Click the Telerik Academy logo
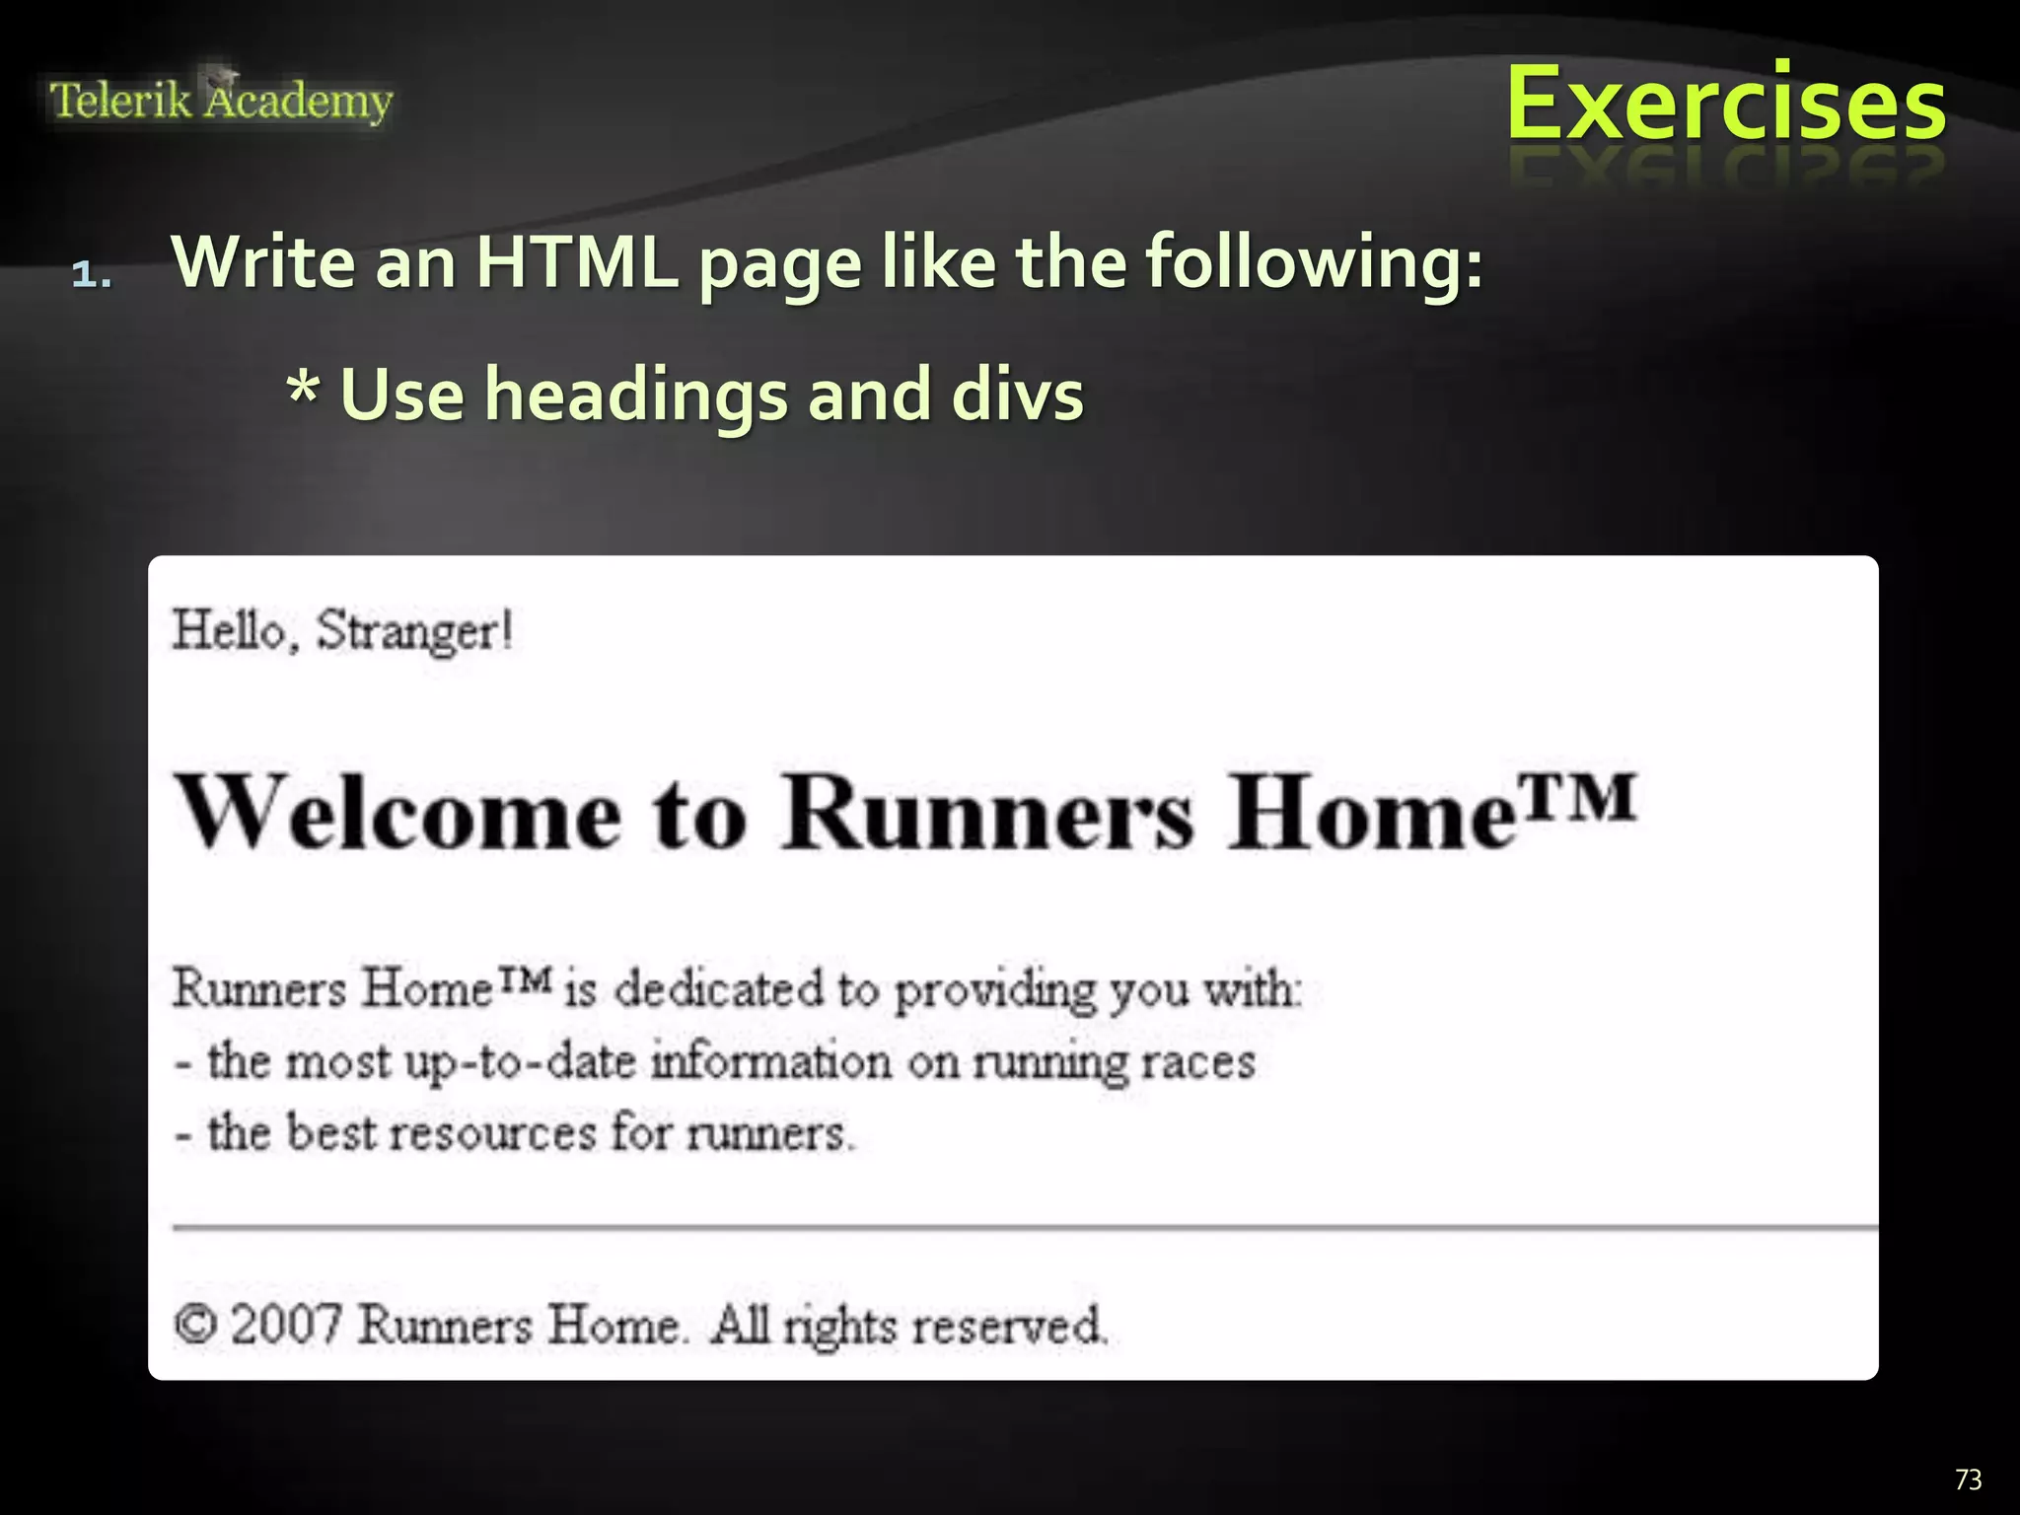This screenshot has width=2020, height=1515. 221,101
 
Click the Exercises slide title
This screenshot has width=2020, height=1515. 1725,104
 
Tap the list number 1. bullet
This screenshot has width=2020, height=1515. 92,273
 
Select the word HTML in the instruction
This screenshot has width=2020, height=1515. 576,262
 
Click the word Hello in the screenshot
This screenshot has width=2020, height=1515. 229,630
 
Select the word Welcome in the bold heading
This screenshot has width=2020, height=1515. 398,815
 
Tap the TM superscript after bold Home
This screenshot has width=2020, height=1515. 1577,797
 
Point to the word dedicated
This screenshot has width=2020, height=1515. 719,988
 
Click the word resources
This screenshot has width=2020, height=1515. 492,1133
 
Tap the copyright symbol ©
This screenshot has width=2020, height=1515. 194,1324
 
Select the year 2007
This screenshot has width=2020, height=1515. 286,1324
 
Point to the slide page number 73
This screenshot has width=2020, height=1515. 1968,1479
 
